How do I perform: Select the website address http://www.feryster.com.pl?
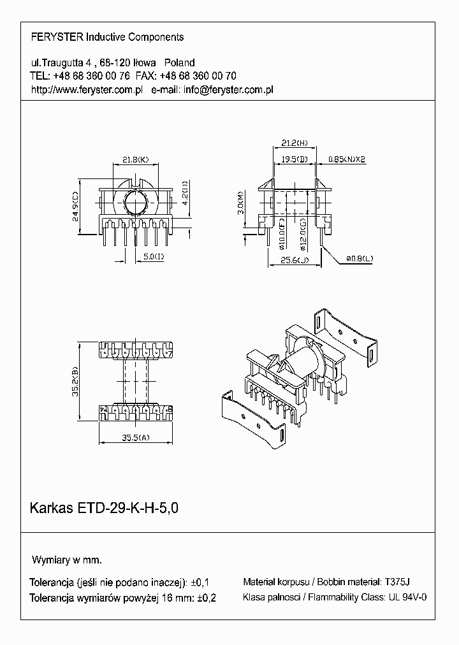click(x=86, y=90)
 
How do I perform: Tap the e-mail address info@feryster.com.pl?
click(x=228, y=90)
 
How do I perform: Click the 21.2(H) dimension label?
click(x=294, y=142)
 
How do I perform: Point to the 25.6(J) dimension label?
click(x=294, y=260)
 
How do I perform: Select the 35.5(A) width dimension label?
click(x=135, y=437)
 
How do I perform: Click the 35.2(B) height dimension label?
click(x=76, y=380)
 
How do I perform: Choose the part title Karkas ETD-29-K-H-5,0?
click(x=104, y=509)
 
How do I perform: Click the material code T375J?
click(x=398, y=582)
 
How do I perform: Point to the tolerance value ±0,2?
click(x=207, y=598)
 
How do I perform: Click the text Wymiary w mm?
click(x=67, y=560)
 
